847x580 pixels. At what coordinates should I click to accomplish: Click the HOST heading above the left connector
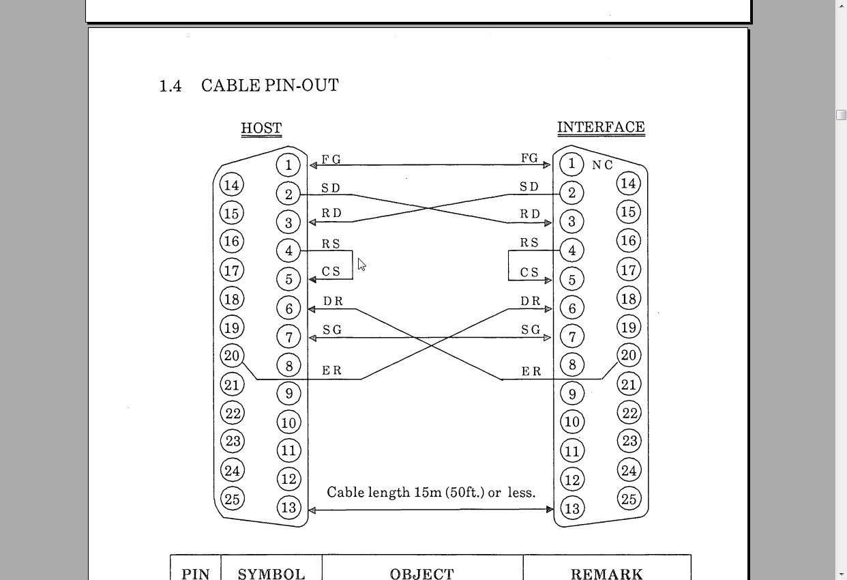tap(261, 128)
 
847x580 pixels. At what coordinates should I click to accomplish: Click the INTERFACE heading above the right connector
tap(601, 128)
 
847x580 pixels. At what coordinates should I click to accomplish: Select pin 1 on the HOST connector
tap(288, 165)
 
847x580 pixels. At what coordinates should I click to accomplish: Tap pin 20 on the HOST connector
tap(232, 356)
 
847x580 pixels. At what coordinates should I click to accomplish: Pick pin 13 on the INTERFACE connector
tap(572, 508)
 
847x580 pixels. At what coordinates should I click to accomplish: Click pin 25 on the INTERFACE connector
tap(629, 499)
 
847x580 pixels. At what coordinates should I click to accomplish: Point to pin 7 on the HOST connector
tap(288, 336)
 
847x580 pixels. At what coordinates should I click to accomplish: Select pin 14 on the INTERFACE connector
tap(628, 184)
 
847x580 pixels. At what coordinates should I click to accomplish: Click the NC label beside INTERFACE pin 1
tap(602, 165)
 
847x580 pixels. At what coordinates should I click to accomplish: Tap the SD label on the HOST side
tap(331, 188)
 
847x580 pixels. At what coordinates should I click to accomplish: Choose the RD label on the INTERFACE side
tap(530, 214)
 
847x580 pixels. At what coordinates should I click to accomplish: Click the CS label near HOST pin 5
tap(331, 272)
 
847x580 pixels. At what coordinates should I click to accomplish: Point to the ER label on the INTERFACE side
tap(531, 372)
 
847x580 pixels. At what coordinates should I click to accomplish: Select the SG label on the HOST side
tap(332, 330)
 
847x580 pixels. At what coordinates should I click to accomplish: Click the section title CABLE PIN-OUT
tap(270, 86)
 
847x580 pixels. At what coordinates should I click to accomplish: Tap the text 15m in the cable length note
tap(428, 493)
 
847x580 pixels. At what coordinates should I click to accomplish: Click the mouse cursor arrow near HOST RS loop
tap(361, 264)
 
